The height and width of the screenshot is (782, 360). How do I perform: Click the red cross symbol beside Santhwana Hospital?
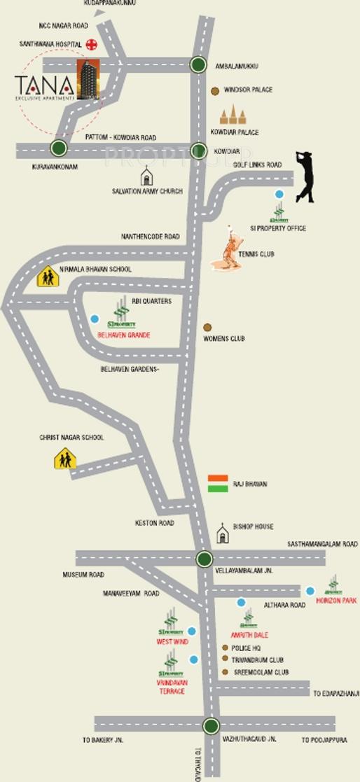click(90, 44)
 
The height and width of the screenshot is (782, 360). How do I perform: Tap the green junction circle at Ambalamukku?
click(198, 65)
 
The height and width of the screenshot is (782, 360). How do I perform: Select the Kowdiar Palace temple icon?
click(228, 115)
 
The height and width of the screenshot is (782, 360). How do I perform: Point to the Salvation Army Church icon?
click(146, 175)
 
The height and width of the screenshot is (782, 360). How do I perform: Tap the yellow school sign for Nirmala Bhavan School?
click(47, 277)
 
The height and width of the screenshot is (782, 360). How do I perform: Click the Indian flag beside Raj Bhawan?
click(218, 484)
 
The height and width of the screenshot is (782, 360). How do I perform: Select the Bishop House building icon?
click(223, 533)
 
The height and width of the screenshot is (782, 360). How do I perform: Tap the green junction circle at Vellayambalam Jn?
click(204, 559)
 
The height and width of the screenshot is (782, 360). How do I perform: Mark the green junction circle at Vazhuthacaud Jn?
click(211, 725)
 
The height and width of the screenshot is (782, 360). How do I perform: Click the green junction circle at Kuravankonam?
click(58, 148)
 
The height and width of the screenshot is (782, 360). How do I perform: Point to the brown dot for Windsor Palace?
click(215, 90)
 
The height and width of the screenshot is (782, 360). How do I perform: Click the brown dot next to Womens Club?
click(207, 327)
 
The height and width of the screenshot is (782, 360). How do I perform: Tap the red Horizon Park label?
click(336, 601)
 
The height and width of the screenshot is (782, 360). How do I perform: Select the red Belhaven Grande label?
click(123, 335)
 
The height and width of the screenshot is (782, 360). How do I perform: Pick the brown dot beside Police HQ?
click(225, 648)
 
